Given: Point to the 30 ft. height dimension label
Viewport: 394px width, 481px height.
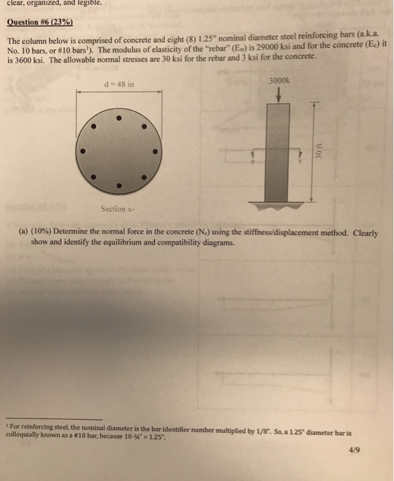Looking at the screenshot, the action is pyautogui.click(x=319, y=150).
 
